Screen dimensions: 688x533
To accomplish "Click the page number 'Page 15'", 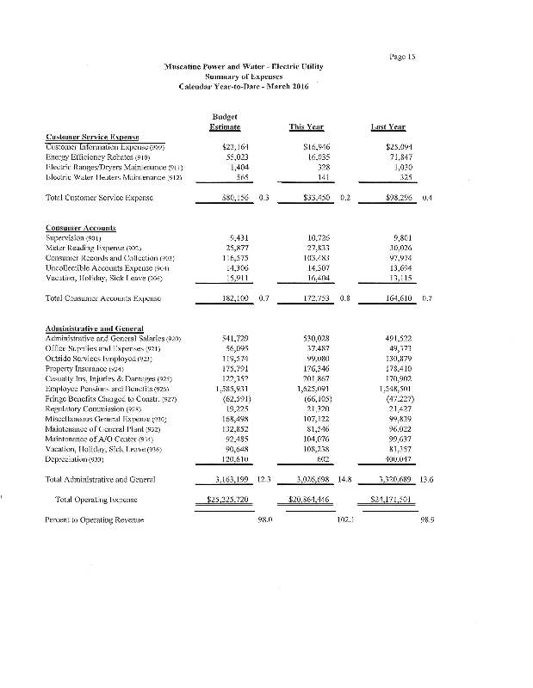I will coord(402,57).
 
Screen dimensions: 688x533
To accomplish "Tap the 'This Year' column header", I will coord(307,127).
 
